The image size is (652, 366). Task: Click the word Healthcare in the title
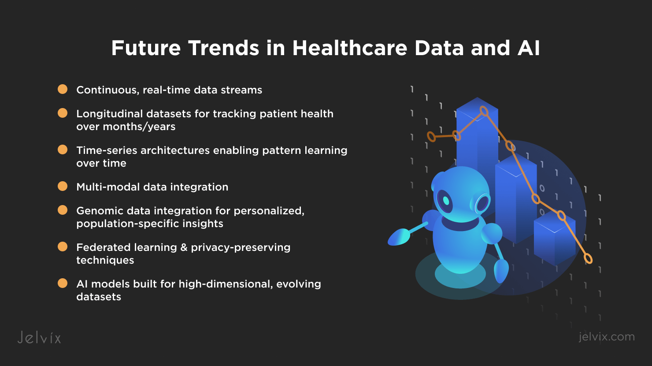point(350,48)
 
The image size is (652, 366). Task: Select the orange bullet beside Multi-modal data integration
point(63,186)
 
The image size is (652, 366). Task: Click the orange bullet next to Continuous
point(63,89)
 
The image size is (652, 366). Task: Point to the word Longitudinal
point(109,114)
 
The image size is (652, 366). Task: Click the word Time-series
point(107,150)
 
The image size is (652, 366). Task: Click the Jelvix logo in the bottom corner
point(39,338)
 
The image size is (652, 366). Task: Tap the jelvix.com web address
point(607,337)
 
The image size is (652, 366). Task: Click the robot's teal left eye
point(446,201)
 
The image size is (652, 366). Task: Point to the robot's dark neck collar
point(460,224)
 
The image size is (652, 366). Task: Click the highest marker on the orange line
point(484,111)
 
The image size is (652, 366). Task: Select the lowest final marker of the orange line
point(588,259)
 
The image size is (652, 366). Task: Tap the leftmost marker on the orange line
point(431,137)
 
